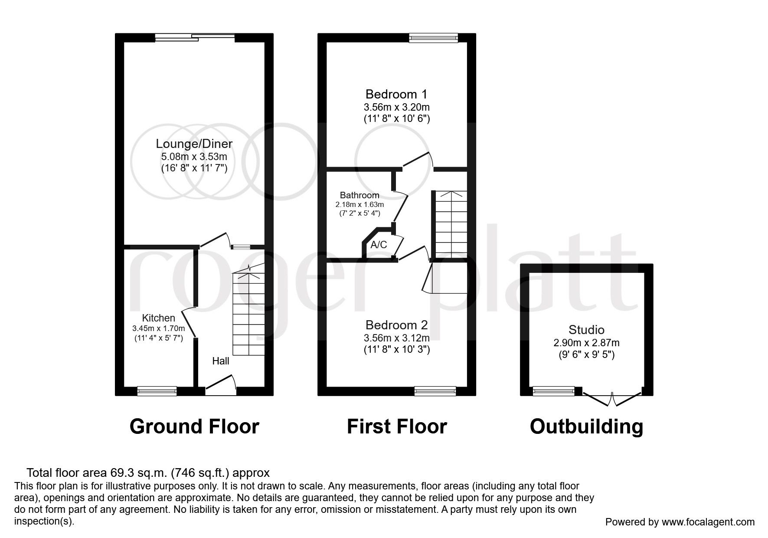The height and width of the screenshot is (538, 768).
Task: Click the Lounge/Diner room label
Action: point(194,144)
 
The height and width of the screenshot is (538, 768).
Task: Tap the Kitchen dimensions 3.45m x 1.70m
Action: point(159,328)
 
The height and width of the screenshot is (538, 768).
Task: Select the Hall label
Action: point(221,361)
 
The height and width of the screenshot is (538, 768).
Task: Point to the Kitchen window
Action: point(157,391)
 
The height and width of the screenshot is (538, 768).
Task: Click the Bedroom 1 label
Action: point(396,94)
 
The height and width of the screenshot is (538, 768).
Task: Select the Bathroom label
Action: point(359,195)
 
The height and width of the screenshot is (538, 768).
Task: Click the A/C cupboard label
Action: point(379,245)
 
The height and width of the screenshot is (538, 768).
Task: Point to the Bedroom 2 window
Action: point(435,391)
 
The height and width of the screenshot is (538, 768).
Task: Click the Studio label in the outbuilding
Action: point(586,330)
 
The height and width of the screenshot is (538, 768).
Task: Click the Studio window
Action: point(553,391)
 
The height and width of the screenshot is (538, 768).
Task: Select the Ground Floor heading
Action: point(194,426)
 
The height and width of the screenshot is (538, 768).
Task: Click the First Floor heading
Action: point(397,426)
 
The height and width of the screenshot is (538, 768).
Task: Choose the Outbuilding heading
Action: point(586,426)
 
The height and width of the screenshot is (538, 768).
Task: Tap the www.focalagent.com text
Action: point(708,522)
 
